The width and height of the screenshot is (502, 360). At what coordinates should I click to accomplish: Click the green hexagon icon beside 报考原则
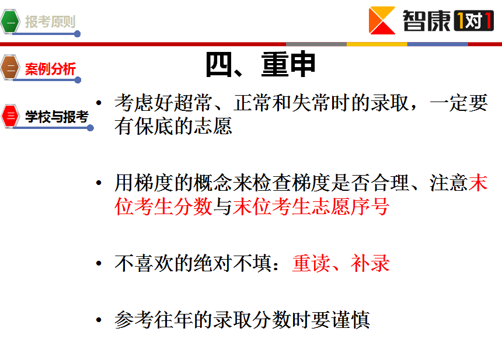10,22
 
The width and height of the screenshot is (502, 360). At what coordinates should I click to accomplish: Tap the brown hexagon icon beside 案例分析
10,68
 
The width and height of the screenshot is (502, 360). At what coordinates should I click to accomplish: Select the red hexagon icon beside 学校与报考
11,116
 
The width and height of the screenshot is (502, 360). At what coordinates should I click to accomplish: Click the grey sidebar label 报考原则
50,22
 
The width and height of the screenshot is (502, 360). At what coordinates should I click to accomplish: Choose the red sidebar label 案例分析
50,69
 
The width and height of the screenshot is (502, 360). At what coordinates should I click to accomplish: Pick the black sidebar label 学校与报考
57,117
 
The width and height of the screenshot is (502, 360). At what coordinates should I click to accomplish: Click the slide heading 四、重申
260,65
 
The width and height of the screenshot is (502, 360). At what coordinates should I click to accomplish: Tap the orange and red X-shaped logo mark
382,20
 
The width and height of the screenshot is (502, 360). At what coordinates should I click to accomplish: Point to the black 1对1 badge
473,21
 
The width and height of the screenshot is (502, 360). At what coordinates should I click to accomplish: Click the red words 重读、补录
341,263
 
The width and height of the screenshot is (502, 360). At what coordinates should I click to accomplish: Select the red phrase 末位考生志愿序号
311,207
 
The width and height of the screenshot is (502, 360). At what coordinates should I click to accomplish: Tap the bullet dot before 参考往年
99,320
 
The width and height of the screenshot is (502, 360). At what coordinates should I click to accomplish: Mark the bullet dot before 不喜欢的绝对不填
99,263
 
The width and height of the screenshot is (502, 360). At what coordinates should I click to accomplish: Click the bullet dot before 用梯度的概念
99,183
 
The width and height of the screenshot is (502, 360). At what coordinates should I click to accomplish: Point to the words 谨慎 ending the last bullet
350,320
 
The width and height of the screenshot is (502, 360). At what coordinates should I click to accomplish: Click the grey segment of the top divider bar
316,44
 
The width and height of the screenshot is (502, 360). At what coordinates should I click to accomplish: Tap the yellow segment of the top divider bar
377,44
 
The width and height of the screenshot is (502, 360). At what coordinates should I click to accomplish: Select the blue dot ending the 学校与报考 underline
90,128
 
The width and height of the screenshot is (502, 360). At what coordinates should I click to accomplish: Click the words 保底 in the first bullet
154,126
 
